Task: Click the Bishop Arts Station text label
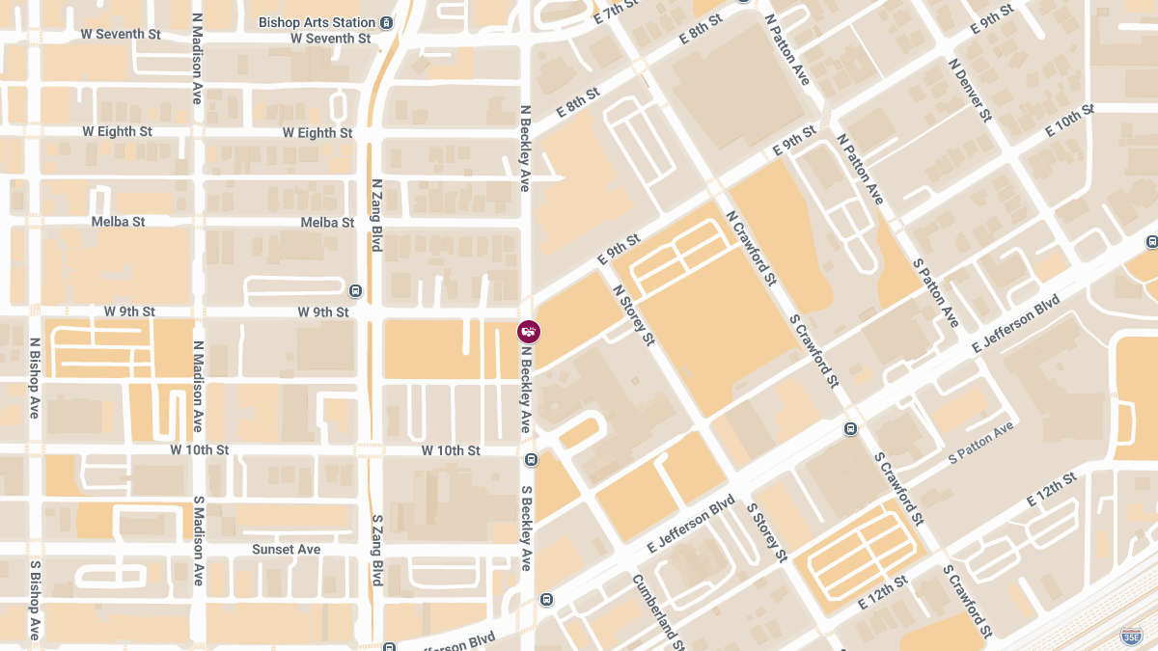pyautogui.click(x=317, y=22)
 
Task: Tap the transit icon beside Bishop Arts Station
pyautogui.click(x=387, y=22)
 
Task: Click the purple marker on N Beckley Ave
pyautogui.click(x=529, y=332)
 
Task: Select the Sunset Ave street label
pyautogui.click(x=286, y=550)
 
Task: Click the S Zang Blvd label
pyautogui.click(x=377, y=551)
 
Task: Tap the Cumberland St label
pyautogui.click(x=659, y=612)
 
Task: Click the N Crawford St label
pyautogui.click(x=752, y=248)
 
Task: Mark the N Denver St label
pyautogui.click(x=970, y=90)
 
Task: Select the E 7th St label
pyautogui.click(x=617, y=12)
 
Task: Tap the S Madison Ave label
pyautogui.click(x=198, y=541)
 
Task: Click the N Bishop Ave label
pyautogui.click(x=35, y=377)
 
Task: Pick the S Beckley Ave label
pyautogui.click(x=527, y=528)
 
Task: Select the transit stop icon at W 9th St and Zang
pyautogui.click(x=355, y=290)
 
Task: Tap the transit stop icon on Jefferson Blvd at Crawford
pyautogui.click(x=850, y=429)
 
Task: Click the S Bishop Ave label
pyautogui.click(x=35, y=600)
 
